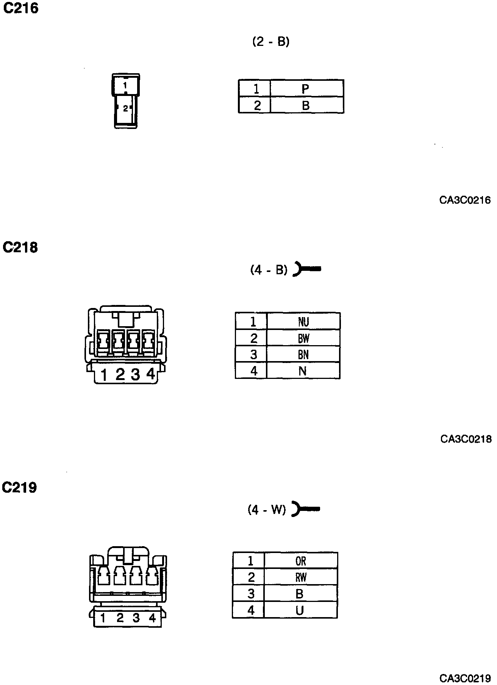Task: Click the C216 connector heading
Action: [21, 8]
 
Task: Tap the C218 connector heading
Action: [20, 247]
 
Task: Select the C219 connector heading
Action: [20, 487]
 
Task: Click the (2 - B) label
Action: [271, 41]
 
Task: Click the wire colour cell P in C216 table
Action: [306, 89]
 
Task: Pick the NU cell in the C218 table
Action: [303, 322]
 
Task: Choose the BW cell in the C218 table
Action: [303, 338]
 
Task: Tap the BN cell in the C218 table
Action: [303, 355]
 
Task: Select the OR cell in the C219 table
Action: [301, 561]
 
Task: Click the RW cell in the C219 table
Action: [301, 577]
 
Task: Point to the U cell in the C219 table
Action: [300, 610]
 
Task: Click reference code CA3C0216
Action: [465, 200]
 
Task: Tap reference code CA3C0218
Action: [466, 439]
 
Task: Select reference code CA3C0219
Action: [465, 678]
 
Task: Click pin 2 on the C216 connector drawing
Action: [125, 109]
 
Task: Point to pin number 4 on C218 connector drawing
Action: [151, 374]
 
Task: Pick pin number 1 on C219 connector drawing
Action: [103, 618]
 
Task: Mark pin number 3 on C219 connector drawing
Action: [136, 618]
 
